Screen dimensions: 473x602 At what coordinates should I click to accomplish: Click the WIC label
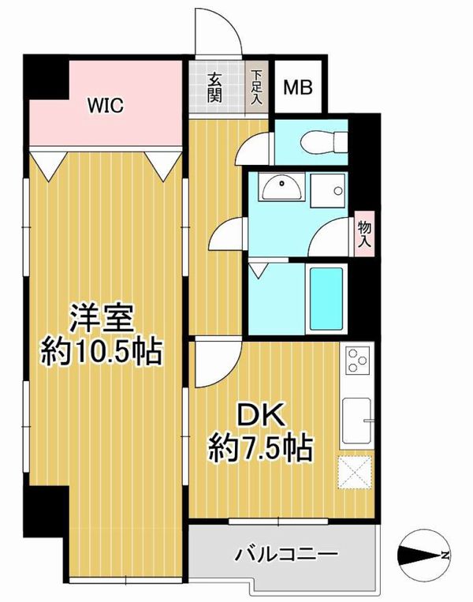(x=106, y=105)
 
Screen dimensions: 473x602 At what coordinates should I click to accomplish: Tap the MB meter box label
(x=298, y=87)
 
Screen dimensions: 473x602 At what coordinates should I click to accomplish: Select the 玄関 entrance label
(x=215, y=88)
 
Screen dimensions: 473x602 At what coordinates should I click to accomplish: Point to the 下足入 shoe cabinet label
(x=256, y=87)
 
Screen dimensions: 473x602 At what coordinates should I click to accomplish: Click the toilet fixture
(x=324, y=142)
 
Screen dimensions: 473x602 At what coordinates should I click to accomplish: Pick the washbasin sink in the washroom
(x=282, y=186)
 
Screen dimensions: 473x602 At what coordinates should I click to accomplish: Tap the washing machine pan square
(x=327, y=190)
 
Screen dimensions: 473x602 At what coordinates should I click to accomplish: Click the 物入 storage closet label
(x=364, y=234)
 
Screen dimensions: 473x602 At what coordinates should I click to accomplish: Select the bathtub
(x=326, y=298)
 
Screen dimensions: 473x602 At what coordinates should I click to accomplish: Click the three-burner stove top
(x=358, y=360)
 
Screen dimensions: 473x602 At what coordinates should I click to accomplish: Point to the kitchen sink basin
(x=356, y=421)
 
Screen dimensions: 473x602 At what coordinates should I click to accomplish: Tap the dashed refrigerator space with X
(x=355, y=473)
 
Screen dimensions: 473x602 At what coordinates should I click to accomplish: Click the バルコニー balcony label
(x=287, y=554)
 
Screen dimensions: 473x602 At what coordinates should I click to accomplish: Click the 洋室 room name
(x=101, y=319)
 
